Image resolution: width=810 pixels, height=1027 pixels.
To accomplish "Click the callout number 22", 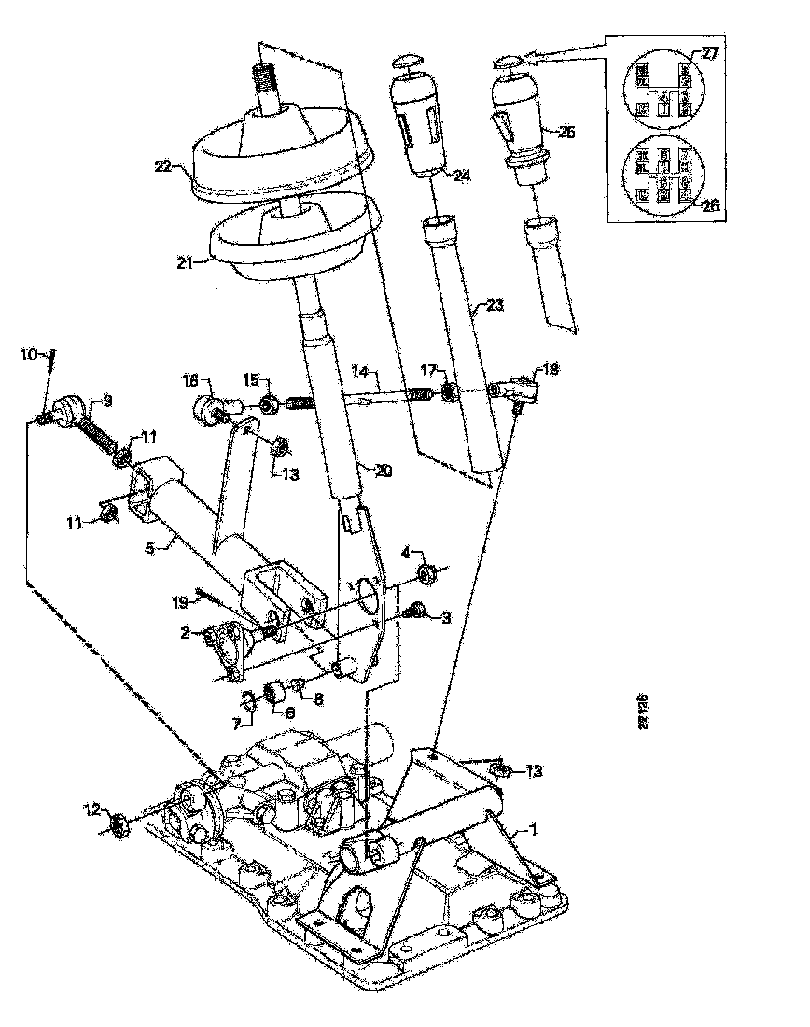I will click(163, 167).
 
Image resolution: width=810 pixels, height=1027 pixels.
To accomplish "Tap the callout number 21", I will click(185, 264).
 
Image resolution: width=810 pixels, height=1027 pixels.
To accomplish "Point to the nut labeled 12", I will click(119, 824).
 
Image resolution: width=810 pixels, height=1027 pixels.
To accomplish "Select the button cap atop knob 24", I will click(408, 63).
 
